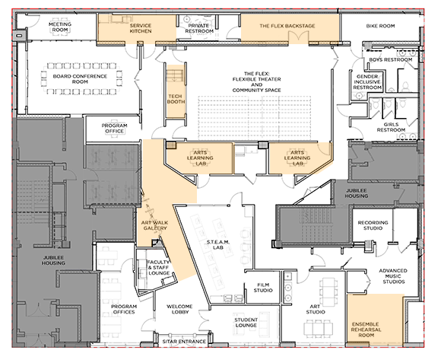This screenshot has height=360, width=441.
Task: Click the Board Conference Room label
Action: coord(80,79)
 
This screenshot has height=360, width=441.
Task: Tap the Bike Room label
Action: coord(380,26)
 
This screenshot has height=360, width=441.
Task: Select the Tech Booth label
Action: coord(176,99)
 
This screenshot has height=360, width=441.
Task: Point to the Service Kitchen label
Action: coord(141,28)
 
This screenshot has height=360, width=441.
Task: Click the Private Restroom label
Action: coord(199,28)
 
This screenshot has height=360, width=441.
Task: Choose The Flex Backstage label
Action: coord(287,26)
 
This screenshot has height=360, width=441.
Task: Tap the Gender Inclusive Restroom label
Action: coord(367,82)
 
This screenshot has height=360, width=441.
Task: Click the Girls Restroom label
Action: coord(391,127)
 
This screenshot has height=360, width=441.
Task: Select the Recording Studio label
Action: coord(373,225)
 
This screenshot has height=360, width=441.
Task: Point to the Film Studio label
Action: coord(263,288)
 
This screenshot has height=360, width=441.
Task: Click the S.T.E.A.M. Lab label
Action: coord(218,244)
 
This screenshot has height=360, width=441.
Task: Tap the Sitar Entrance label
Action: coord(184,342)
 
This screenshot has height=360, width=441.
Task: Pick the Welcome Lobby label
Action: coord(179,309)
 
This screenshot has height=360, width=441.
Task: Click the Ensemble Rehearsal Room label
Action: coord(366,330)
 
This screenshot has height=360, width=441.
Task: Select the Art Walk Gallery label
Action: coord(154,225)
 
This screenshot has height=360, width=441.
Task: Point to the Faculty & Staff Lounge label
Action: coord(159,268)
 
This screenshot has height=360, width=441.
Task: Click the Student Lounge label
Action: coord(246,323)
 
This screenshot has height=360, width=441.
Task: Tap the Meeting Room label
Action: coord(60,27)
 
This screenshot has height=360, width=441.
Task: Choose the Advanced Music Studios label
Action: coord(393,276)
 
